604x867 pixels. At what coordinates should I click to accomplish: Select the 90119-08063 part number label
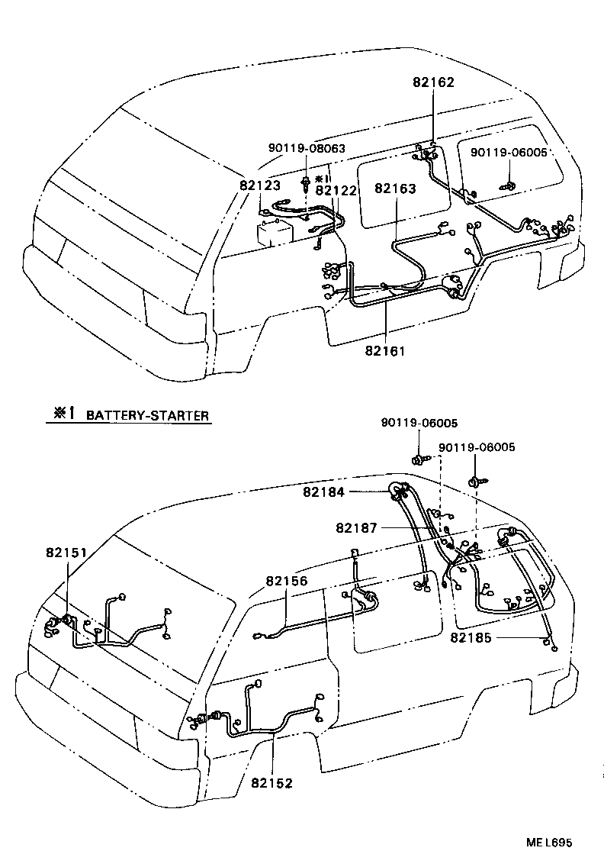click(306, 150)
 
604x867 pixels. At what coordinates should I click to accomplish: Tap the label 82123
click(260, 185)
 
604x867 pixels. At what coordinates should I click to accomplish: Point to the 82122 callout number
click(336, 191)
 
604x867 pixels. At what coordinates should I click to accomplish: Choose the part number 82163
click(395, 188)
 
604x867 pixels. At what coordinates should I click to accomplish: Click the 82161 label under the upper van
click(386, 351)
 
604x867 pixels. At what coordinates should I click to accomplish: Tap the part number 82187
click(357, 527)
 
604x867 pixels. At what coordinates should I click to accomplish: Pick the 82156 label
click(287, 581)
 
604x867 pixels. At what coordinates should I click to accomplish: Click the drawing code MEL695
click(548, 843)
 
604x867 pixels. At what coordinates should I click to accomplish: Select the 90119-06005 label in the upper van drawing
click(509, 153)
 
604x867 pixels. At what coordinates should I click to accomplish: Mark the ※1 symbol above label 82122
click(321, 178)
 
